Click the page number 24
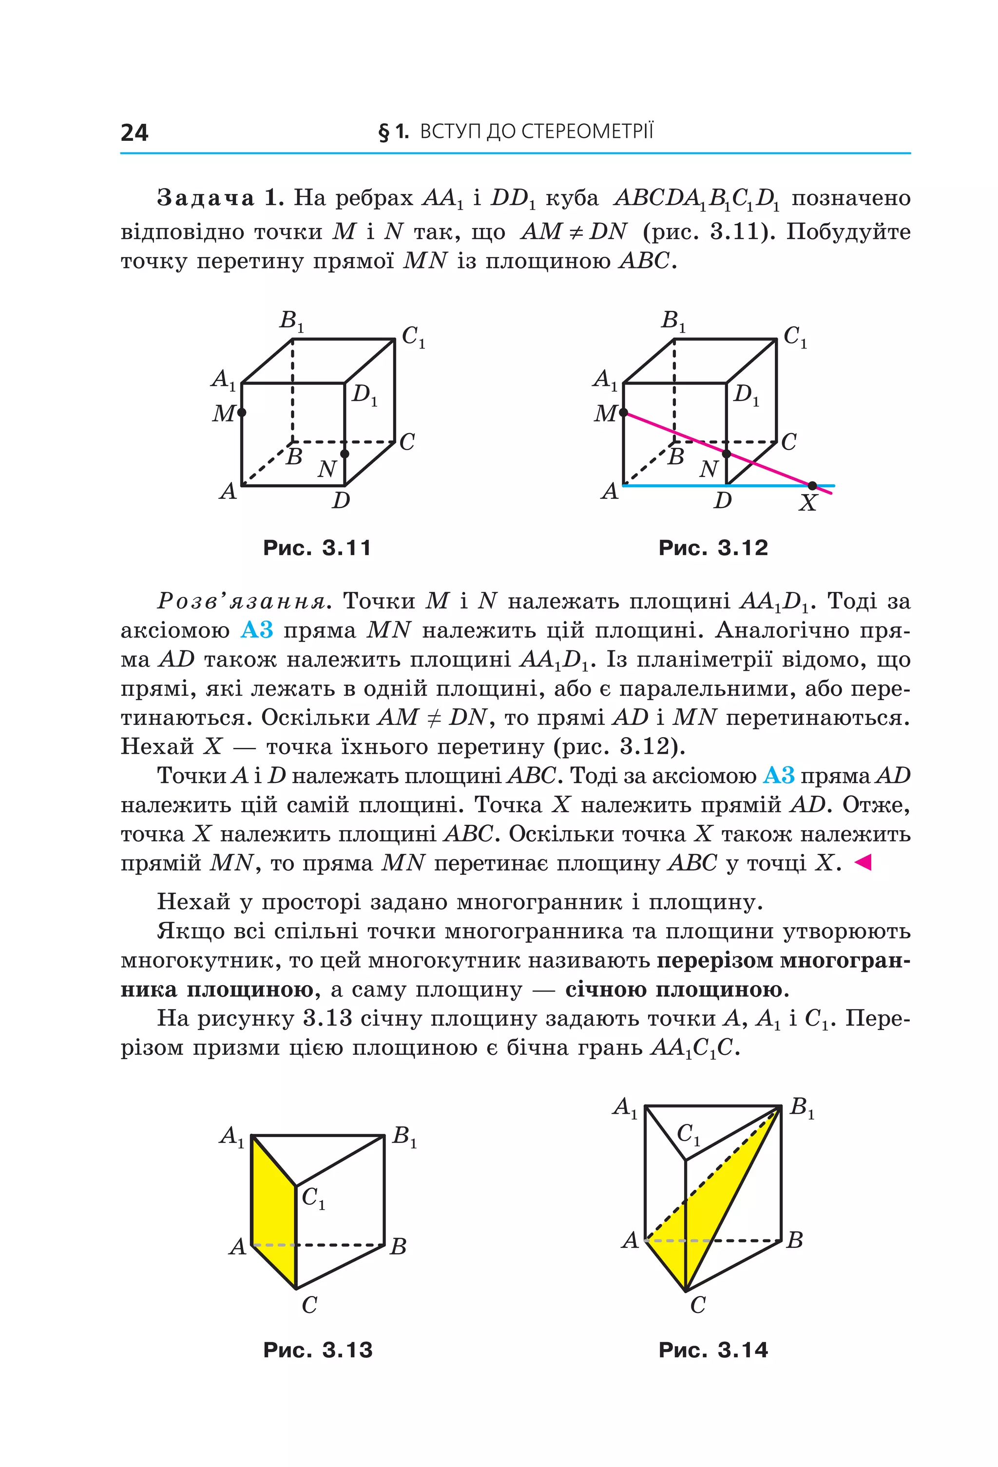(134, 133)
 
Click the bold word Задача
(205, 198)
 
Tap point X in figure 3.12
(812, 485)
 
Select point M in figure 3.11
(242, 413)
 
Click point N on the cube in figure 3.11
(345, 453)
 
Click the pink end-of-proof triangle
(863, 862)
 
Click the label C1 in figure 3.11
(413, 337)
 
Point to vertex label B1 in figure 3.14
(802, 1107)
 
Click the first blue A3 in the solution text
(257, 630)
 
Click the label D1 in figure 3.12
(746, 395)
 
